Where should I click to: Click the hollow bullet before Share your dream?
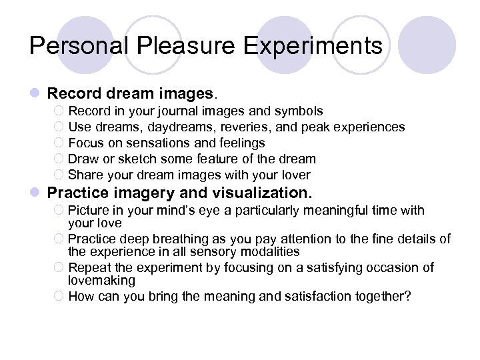(59, 175)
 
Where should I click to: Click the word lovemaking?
(101, 281)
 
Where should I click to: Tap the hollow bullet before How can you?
(59, 296)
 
